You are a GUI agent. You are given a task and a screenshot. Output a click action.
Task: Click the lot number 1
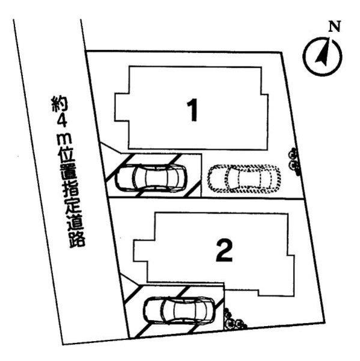pyautogui.click(x=192, y=111)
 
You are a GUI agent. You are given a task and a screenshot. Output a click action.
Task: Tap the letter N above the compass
pyautogui.click(x=334, y=26)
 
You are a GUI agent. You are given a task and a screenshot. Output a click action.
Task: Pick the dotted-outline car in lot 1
pyautogui.click(x=243, y=177)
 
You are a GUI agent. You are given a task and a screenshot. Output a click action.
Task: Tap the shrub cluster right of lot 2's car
pyautogui.click(x=233, y=319)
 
